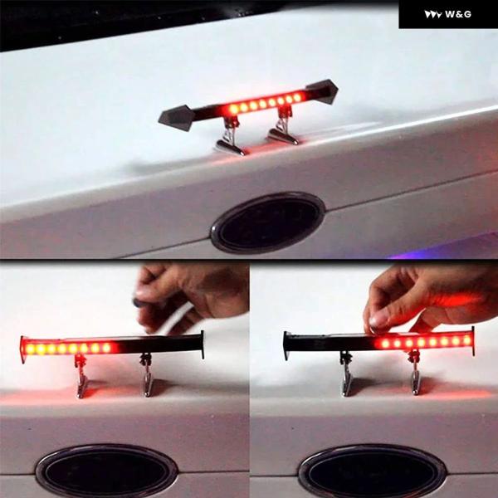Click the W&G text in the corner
click(x=458, y=14)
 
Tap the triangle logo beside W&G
click(x=433, y=15)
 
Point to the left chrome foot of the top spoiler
click(x=231, y=148)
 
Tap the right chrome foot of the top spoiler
click(x=283, y=137)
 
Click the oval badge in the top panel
click(x=268, y=222)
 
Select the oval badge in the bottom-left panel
click(x=106, y=471)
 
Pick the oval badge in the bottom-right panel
click(x=373, y=472)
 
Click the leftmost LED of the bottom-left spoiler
click(x=30, y=349)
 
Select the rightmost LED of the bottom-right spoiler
click(x=466, y=340)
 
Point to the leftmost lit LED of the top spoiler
click(x=234, y=110)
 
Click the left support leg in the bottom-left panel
click(x=81, y=377)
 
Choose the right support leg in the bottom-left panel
click(x=147, y=375)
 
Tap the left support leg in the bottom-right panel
click(x=347, y=373)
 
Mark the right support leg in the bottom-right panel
click(x=415, y=373)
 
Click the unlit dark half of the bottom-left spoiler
click(x=159, y=344)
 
